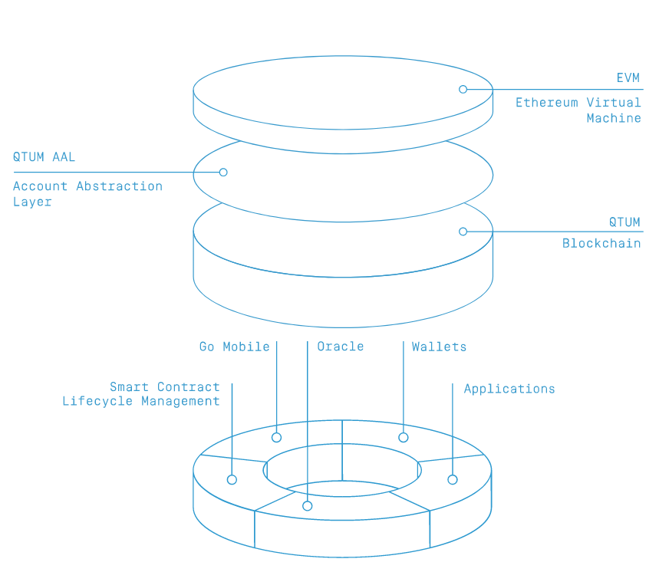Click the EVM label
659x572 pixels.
[x=628, y=77]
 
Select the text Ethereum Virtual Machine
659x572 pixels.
[x=578, y=110]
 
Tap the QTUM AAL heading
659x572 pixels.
[x=44, y=157]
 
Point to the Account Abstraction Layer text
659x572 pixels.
[x=87, y=194]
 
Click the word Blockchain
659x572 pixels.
[x=601, y=243]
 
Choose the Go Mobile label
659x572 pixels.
[x=234, y=347]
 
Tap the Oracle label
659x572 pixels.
[x=341, y=347]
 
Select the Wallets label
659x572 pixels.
[x=439, y=347]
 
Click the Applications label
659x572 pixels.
[x=509, y=389]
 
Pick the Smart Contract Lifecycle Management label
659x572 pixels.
[x=141, y=394]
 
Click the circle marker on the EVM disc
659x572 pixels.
[x=463, y=89]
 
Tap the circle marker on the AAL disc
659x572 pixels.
[x=223, y=173]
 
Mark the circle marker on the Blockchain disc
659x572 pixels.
[x=463, y=232]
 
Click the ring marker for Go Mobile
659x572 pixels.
[x=276, y=438]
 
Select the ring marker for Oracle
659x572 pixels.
[x=307, y=506]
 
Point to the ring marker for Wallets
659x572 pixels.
[x=404, y=438]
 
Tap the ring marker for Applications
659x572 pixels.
[x=453, y=480]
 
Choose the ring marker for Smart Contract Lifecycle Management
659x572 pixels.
[x=232, y=480]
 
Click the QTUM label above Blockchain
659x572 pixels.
[x=624, y=222]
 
